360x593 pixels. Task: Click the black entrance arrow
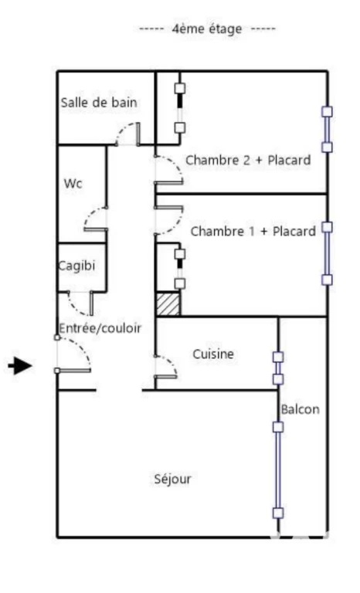pos(20,366)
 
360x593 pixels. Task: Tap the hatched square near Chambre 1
pos(168,303)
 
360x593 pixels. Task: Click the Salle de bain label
pos(99,103)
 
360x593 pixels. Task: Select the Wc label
pos(73,184)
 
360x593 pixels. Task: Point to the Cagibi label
pos(76,266)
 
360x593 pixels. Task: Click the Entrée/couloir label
pos(100,328)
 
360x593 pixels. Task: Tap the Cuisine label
pos(213,354)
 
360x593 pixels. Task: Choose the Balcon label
pos(300,409)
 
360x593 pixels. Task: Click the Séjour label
pos(172,479)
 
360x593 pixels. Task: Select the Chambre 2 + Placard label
pos(248,160)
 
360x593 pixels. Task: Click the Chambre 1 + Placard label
pos(253,231)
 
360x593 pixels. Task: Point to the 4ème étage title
pos(207,29)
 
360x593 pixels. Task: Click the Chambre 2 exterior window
pos(327,130)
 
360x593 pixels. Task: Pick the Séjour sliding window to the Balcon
pos(278,470)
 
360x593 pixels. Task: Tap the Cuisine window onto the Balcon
pos(278,368)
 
